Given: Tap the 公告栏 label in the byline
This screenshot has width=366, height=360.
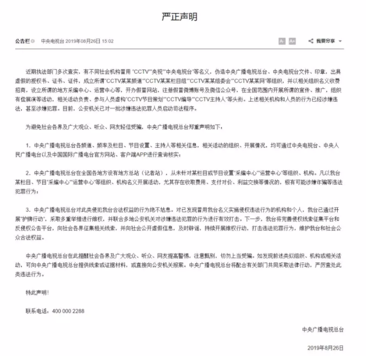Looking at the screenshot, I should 21,41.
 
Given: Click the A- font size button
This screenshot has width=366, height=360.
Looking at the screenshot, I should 282,41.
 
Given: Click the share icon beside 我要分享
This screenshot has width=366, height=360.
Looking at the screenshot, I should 310,41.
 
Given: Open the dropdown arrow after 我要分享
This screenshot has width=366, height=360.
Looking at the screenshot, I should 340,41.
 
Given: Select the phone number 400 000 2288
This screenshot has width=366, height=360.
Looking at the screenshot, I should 67,310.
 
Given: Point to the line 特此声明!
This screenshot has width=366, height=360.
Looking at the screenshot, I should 37,293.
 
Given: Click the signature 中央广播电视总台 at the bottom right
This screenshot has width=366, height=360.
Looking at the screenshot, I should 322,329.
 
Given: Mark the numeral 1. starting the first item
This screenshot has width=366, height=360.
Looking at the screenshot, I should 28,145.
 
